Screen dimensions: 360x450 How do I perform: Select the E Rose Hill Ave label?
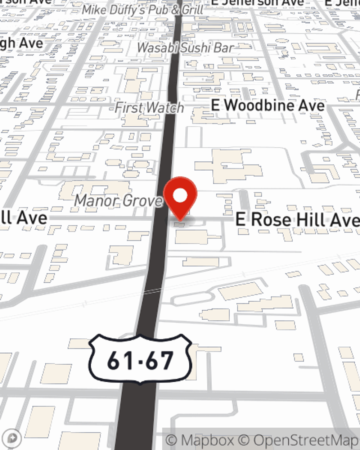297,219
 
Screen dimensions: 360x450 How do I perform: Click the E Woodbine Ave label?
268,105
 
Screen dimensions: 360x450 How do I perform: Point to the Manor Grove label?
118,201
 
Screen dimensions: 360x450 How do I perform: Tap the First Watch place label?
149,108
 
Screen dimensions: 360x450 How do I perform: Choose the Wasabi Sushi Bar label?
185,48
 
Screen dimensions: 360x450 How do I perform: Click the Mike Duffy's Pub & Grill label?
143,10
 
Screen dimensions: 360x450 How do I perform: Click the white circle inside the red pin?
180,196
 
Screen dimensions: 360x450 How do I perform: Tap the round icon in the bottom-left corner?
12,438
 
